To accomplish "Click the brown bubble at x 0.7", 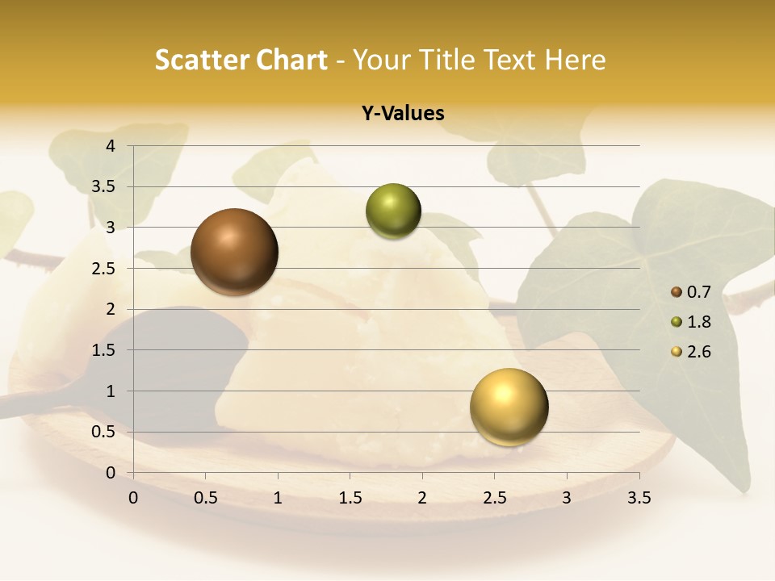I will pos(235,252).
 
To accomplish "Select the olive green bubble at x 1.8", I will pos(393,211).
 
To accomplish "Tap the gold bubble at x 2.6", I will pos(509,407).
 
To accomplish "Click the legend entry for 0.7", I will pos(691,292).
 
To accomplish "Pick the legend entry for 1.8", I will pos(691,322).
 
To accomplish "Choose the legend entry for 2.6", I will pos(691,352).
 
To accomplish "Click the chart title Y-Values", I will pos(403,114).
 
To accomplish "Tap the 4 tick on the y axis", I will pos(111,146).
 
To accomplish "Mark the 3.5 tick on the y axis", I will pos(105,187).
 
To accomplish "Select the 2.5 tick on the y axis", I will pos(105,269).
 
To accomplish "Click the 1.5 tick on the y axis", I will pos(105,350).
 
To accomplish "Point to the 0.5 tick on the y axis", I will pos(105,433).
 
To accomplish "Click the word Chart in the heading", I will pos(291,60).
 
